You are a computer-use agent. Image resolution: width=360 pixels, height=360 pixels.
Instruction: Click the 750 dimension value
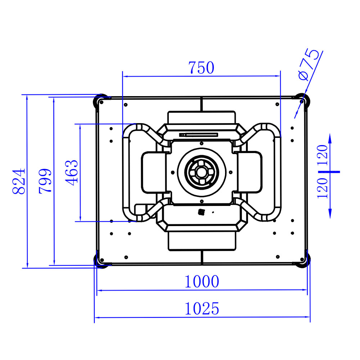coord(201,68)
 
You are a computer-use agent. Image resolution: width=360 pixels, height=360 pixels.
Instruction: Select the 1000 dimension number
coord(202,282)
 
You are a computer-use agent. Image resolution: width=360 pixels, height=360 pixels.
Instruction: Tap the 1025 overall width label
coord(202,309)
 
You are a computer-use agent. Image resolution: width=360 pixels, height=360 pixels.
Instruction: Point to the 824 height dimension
coord(19,181)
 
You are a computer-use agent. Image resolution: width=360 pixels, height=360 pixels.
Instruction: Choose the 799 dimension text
coord(45,181)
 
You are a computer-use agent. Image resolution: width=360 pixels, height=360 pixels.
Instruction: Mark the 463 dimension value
coord(72,173)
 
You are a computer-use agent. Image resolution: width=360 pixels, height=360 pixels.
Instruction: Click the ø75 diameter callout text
coord(309,65)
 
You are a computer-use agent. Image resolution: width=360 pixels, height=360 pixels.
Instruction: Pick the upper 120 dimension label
coord(322,155)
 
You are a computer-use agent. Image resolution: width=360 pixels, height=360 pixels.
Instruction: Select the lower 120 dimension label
coord(322,188)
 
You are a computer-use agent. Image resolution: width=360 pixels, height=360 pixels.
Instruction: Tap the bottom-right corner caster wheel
coord(302,260)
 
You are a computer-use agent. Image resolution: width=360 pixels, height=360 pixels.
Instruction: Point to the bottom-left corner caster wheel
coord(101,261)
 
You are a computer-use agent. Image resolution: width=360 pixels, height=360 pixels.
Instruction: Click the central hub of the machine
coord(202,172)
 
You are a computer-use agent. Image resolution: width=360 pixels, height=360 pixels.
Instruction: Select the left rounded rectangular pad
coord(154,172)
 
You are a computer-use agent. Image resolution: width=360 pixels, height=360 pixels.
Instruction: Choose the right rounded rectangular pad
coord(250,172)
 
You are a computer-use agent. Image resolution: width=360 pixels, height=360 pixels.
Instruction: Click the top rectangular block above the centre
coord(202,117)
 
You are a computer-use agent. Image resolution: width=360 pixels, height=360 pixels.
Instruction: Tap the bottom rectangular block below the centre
coord(202,241)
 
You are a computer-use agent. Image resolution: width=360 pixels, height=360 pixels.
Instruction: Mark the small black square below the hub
coord(201,212)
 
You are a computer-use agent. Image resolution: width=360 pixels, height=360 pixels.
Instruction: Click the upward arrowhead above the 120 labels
coord(330,139)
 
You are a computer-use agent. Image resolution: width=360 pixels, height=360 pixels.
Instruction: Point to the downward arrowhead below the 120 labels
coord(330,213)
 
